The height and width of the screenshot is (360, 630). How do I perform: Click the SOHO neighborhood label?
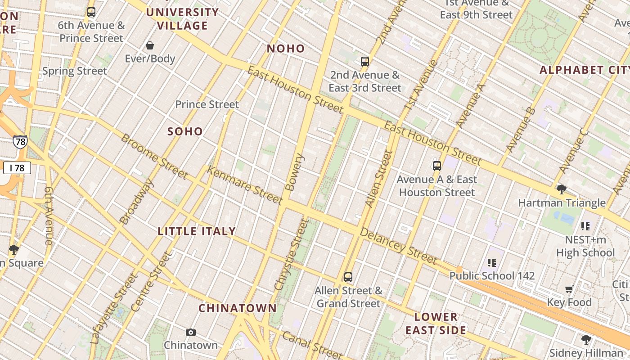click(x=185, y=131)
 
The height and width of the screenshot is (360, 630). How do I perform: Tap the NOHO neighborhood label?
click(x=286, y=49)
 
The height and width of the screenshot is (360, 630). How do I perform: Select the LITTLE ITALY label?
click(x=197, y=231)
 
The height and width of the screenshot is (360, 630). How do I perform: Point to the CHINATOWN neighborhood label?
click(x=238, y=308)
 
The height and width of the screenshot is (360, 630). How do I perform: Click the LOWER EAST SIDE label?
click(x=436, y=324)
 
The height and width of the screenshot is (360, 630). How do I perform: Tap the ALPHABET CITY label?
click(x=584, y=70)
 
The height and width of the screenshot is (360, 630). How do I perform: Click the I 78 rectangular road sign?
click(x=17, y=168)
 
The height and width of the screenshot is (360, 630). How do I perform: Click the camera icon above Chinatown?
click(x=191, y=333)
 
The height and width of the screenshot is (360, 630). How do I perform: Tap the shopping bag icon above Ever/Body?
click(x=150, y=45)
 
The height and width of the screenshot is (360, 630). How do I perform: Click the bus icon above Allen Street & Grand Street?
click(x=348, y=277)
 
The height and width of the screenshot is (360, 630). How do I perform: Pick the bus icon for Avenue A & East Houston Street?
click(x=436, y=166)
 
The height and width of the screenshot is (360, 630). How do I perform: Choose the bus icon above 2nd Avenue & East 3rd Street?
click(x=365, y=62)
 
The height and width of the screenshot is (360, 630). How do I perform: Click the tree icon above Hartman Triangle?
click(x=561, y=189)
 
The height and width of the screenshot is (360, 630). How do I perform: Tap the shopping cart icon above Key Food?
click(x=569, y=289)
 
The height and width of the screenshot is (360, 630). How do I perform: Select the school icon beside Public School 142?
click(x=491, y=262)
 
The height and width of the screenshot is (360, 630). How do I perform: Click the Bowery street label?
click(x=296, y=172)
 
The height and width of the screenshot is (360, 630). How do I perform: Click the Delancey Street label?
click(x=399, y=246)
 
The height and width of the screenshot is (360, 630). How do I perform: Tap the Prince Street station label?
click(x=207, y=104)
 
